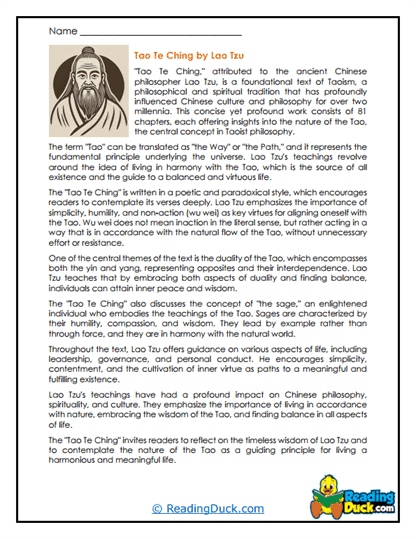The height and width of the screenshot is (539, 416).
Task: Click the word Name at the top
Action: click(x=61, y=32)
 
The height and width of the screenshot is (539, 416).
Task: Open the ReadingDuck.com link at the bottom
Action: click(x=207, y=508)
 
